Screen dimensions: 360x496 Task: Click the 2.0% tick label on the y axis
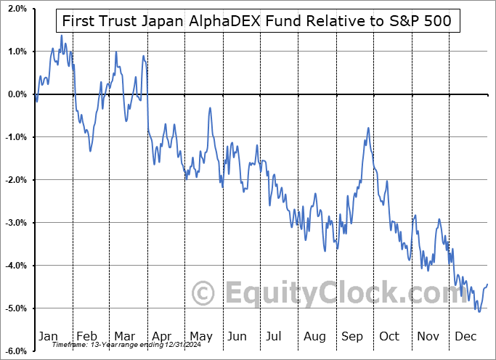pos(15,9)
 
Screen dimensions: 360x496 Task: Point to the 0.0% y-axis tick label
pos(15,94)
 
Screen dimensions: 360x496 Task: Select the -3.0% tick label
pos(14,223)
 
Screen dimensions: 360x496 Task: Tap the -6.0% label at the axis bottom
pos(14,351)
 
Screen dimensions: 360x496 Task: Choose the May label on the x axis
pos(200,336)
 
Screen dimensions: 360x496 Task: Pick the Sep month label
pos(353,336)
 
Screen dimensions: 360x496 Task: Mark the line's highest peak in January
pos(61,35)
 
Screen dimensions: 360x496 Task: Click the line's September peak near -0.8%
pos(368,128)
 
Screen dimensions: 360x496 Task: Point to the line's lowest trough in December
pos(479,311)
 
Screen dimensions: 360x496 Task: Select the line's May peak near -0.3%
pos(210,108)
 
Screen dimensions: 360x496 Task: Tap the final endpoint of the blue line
pos(487,284)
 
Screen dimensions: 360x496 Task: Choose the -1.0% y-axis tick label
pos(14,137)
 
